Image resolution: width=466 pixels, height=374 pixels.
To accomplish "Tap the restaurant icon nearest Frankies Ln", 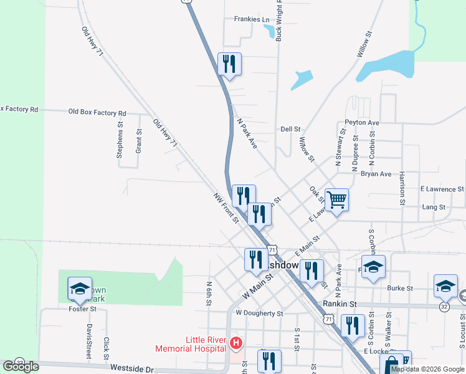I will (x=229, y=64).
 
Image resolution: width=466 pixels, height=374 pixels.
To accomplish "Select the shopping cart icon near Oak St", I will (x=336, y=200).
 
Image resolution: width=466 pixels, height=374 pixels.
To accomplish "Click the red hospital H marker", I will (x=235, y=343).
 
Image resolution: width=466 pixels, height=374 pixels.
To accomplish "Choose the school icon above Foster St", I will (x=80, y=288).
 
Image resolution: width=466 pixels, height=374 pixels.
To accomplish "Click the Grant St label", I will (x=139, y=141).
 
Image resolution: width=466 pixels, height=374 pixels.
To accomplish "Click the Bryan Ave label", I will (x=376, y=174).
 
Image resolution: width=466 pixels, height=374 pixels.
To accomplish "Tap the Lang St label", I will (x=434, y=207).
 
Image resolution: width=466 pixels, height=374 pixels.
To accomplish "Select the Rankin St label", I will (x=339, y=304).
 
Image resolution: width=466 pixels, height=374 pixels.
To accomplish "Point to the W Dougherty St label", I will (x=259, y=313).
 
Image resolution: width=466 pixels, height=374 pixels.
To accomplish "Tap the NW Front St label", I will (x=226, y=208).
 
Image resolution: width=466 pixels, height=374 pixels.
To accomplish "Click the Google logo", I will (x=21, y=367).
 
